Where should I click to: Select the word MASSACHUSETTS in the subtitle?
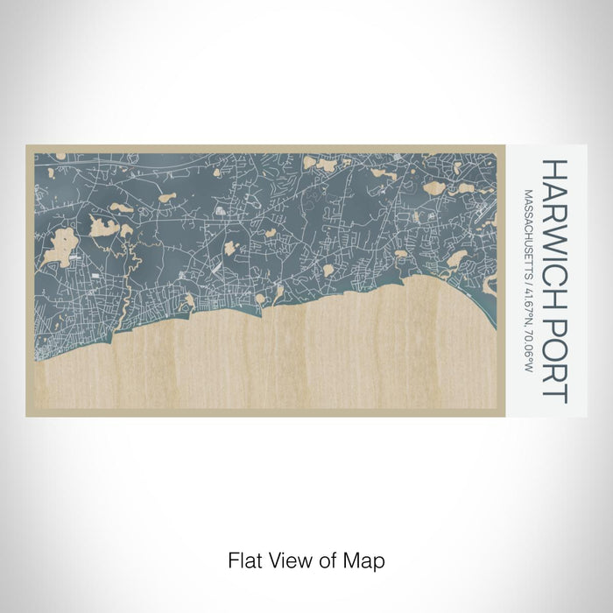tap(528, 231)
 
